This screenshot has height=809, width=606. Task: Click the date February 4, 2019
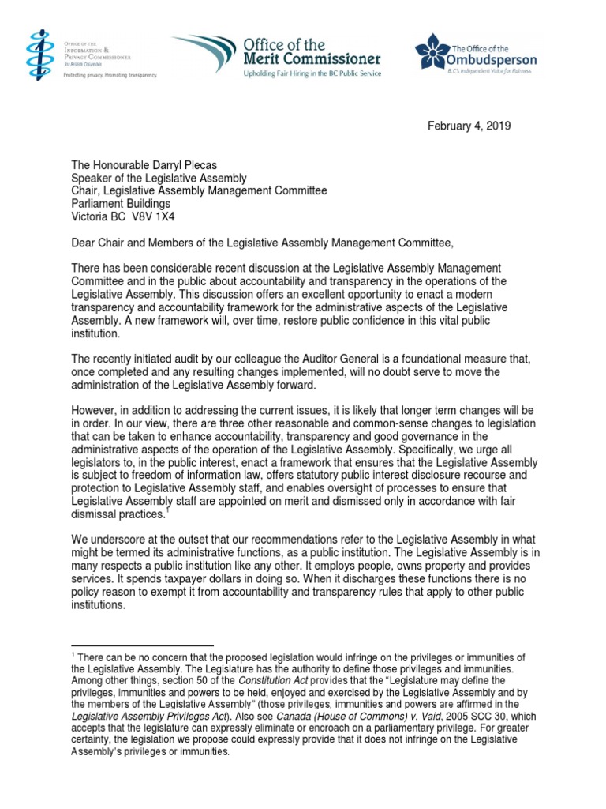click(x=470, y=126)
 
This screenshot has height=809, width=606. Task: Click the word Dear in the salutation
click(x=84, y=242)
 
